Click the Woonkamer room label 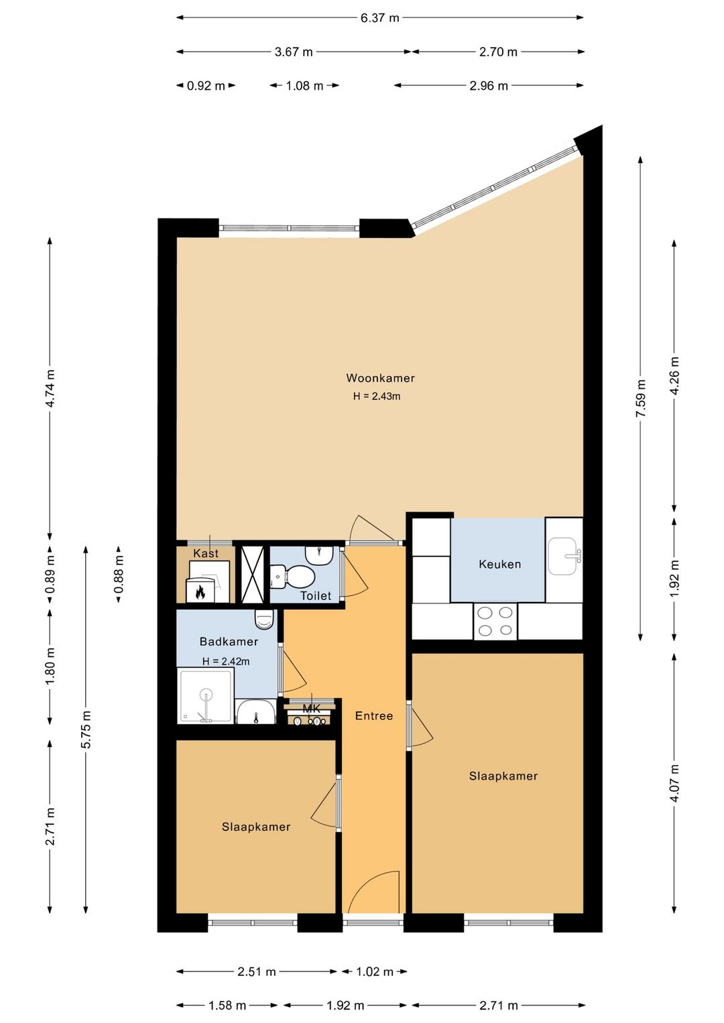coord(380,378)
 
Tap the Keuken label coord(499,564)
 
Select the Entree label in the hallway coord(373,716)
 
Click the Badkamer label coord(229,642)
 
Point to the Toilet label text coord(315,595)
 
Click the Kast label coord(206,553)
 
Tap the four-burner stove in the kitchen coord(495,621)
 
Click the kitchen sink coord(563,556)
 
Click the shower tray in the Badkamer coord(205,696)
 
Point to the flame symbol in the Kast coord(200,592)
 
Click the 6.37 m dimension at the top coord(379,18)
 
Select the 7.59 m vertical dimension coord(641,398)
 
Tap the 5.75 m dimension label coord(86,729)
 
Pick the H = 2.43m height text coord(377,396)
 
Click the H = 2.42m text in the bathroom coord(226,661)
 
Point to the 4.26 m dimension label coord(674,376)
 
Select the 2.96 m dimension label coord(489,86)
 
